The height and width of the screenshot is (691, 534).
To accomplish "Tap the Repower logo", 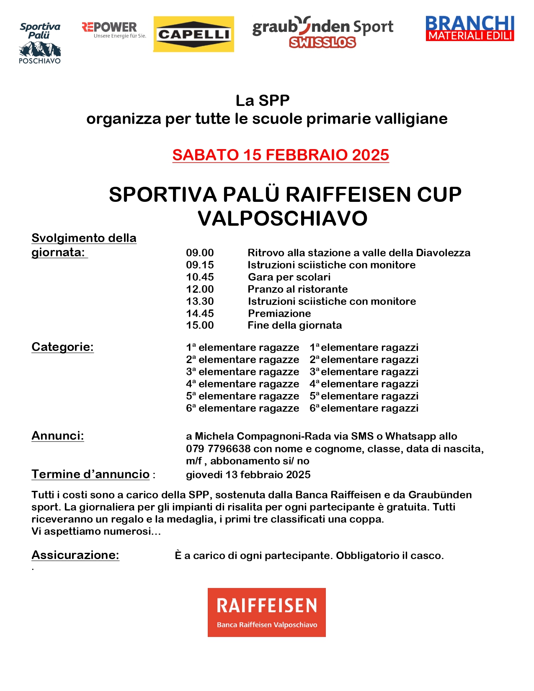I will coord(114,30).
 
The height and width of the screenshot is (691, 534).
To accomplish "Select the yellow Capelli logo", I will coord(193,34).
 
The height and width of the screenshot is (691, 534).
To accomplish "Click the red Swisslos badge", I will coord(322,42).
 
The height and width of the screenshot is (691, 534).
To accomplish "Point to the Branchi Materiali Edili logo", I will coord(470,28).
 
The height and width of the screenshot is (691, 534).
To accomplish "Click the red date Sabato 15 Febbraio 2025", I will coord(281,155).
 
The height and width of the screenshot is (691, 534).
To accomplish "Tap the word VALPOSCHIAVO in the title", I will coord(283,218).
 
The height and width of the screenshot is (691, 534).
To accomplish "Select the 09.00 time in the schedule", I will coord(200,253).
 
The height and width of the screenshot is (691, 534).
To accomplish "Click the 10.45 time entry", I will coord(200,277).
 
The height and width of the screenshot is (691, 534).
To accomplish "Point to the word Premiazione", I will coord(279,314).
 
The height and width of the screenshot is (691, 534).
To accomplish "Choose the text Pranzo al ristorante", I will coord(297,289).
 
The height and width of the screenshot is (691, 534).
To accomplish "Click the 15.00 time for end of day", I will coord(200,325).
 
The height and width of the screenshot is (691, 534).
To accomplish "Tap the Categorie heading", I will coord(62,347).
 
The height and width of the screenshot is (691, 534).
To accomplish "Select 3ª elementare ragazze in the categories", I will coord(242,372).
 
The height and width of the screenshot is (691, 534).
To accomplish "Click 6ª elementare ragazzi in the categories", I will coord(364,408).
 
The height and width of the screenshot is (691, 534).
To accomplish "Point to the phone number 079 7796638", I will coord(218,449).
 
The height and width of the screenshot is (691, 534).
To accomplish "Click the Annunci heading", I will coord(58,436).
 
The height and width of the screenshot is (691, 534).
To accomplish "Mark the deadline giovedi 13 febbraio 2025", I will coord(248,475).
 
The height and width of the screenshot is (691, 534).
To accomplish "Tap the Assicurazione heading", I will coord(75,555).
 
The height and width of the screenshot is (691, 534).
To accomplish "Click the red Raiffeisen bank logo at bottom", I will coord(266,612).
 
